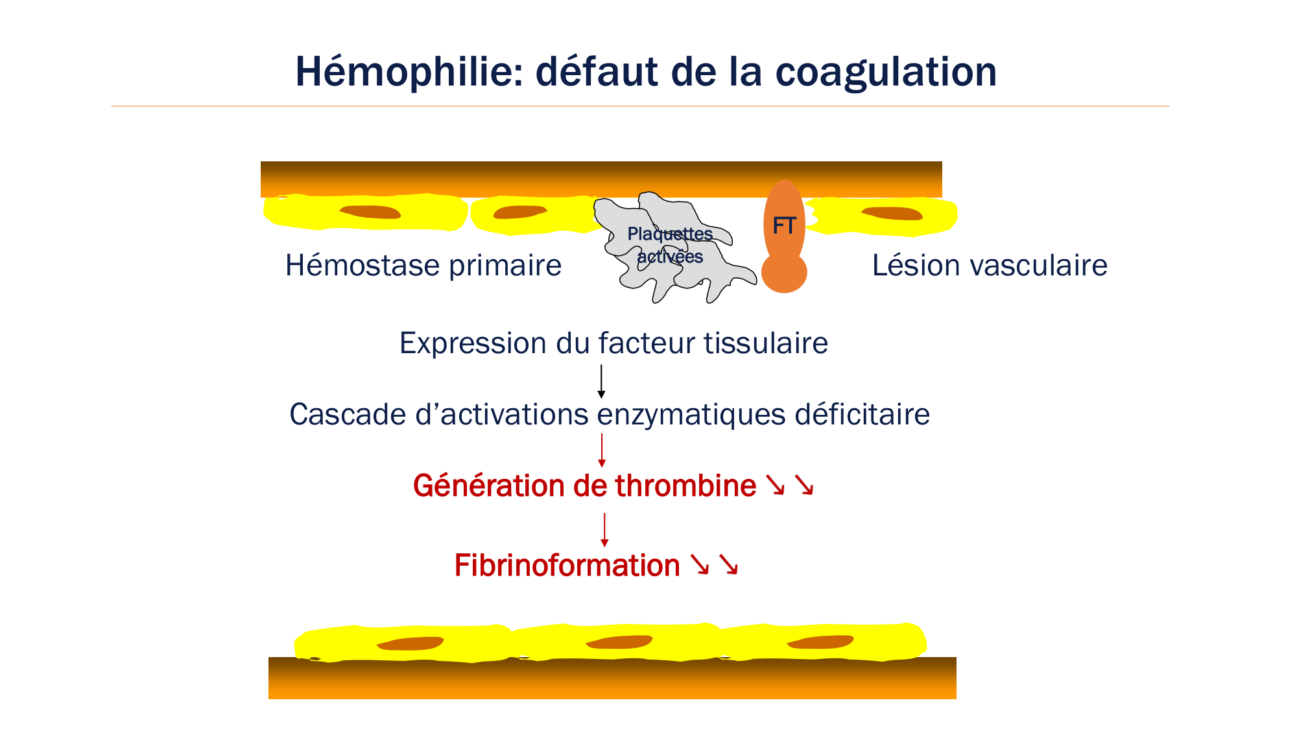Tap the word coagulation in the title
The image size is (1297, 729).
[x=886, y=73]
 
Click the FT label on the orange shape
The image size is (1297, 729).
[x=784, y=226]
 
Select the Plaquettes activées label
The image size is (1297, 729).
[x=670, y=245]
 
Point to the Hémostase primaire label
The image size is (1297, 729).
[x=423, y=266]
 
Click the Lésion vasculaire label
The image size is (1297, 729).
[x=990, y=266]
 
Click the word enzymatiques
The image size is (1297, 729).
[x=691, y=415]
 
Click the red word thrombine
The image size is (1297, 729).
[x=685, y=486]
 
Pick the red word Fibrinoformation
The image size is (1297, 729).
[x=567, y=566]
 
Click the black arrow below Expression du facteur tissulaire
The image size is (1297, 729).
[x=601, y=381]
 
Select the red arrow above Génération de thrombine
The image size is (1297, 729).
[x=602, y=450]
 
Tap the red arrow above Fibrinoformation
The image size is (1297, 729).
[x=604, y=529]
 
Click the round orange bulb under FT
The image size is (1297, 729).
[x=784, y=273]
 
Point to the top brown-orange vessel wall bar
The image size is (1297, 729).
[x=601, y=178]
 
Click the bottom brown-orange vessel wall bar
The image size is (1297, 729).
[x=612, y=679]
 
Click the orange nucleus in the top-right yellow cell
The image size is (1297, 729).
[x=892, y=213]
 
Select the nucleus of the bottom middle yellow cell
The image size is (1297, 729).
[x=619, y=642]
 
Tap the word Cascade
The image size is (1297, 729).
[x=348, y=415]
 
